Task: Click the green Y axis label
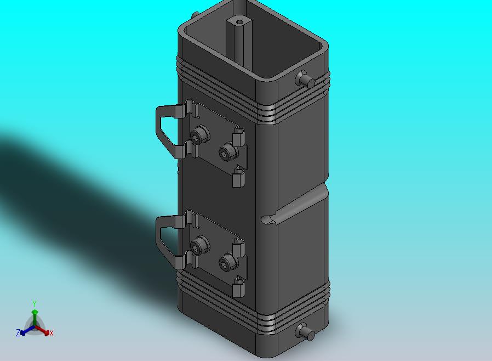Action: point(35,303)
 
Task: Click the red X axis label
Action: point(52,333)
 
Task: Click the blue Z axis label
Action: point(18,332)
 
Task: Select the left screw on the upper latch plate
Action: point(199,135)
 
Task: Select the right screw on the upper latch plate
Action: point(227,152)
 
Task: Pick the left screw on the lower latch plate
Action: point(199,245)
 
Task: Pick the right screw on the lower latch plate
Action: point(227,262)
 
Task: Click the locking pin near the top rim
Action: point(305,79)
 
